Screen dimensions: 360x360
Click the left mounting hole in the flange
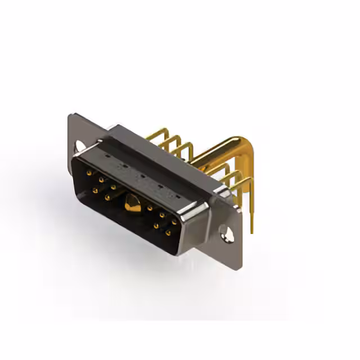click(80, 145)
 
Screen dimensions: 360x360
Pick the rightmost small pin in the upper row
click(174, 222)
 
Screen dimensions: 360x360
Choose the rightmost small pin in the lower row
click(168, 233)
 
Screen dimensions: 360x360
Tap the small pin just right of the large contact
click(150, 208)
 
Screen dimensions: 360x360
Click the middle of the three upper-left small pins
click(101, 180)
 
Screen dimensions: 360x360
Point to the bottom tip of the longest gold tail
click(251, 231)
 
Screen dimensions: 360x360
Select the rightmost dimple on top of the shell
click(178, 196)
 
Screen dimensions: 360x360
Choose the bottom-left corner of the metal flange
click(67, 163)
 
